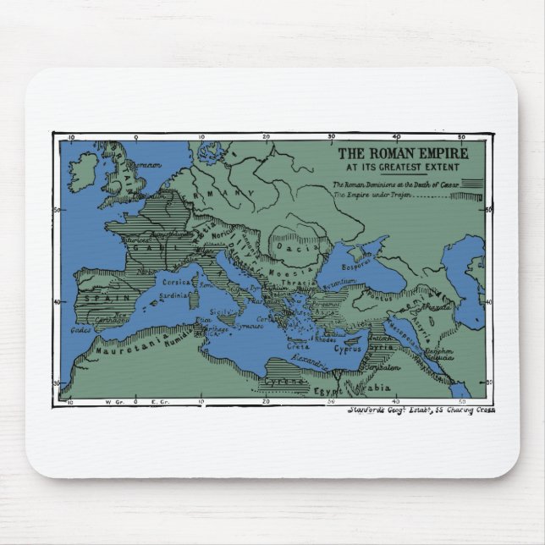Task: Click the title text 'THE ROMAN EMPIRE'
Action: point(404,155)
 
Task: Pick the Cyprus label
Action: point(348,346)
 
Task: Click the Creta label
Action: point(295,346)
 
